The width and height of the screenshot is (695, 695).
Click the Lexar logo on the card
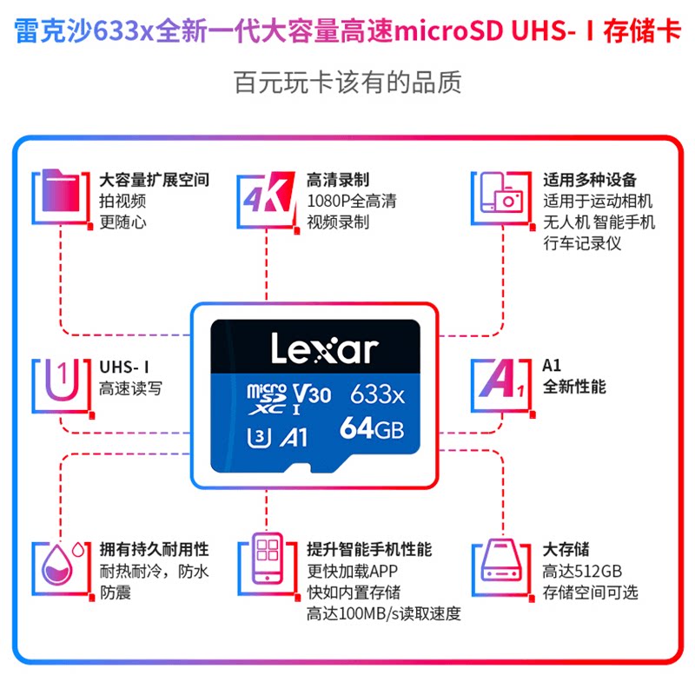click(x=324, y=349)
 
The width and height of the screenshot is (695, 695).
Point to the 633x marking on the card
click(x=377, y=395)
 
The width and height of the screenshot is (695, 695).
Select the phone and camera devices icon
click(x=498, y=193)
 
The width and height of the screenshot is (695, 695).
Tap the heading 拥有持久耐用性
click(x=154, y=549)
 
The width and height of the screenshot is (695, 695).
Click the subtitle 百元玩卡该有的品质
click(x=347, y=83)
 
